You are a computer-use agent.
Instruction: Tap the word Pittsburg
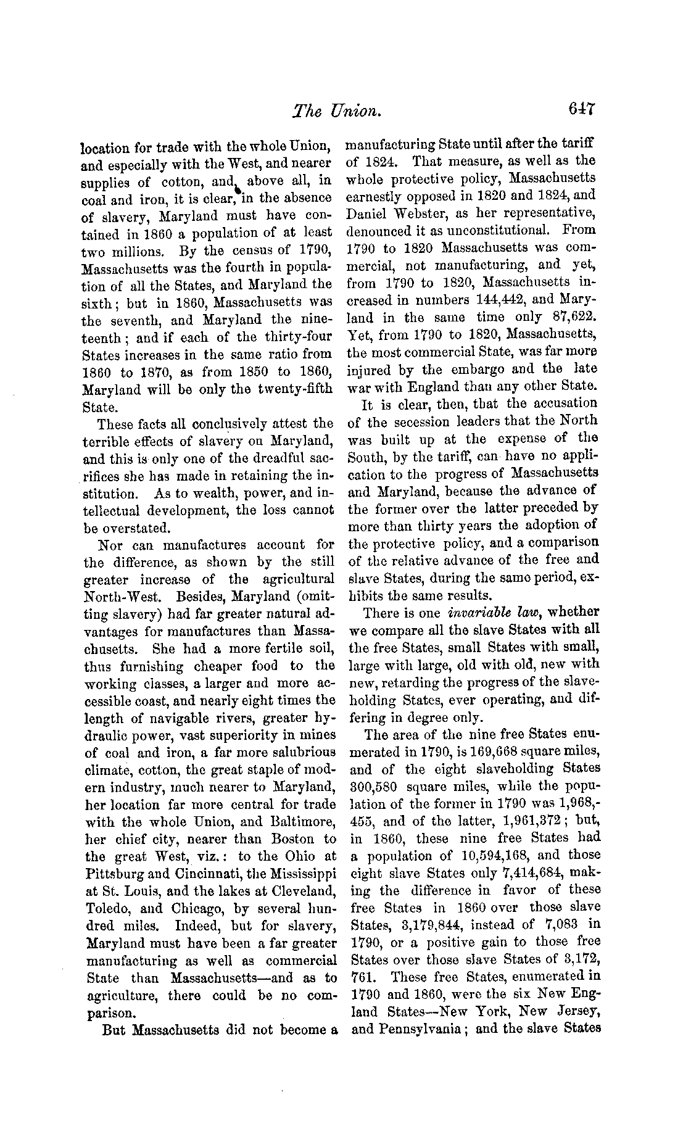[114, 874]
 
